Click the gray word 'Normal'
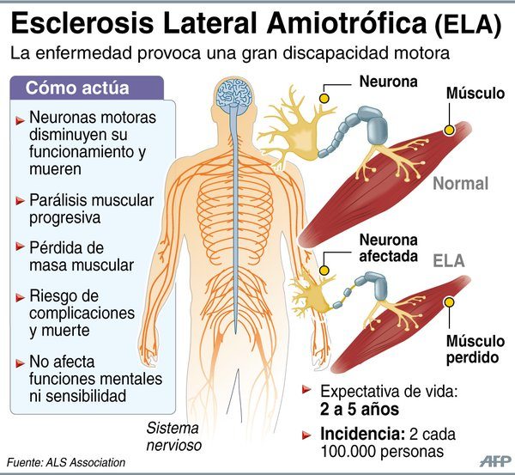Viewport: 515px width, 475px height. coord(460,183)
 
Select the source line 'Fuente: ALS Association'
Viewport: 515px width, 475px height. coord(66,463)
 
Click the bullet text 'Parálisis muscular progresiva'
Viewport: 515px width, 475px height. coord(90,209)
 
